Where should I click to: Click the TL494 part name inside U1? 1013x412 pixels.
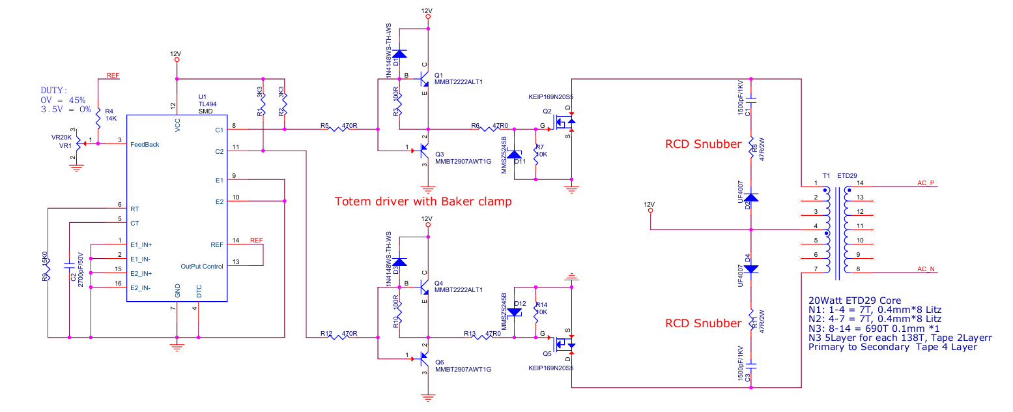[x=208, y=104]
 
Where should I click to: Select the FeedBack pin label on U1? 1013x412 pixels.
[x=145, y=145]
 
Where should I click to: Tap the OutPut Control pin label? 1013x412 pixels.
[x=202, y=266]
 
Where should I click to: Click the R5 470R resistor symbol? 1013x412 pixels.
[x=340, y=129]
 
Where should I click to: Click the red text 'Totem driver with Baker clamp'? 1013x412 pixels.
[x=423, y=201]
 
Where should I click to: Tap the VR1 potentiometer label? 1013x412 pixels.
[x=65, y=146]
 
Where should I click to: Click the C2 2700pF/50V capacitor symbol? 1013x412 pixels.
[x=69, y=266]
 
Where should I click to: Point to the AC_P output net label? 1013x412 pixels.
[x=926, y=183]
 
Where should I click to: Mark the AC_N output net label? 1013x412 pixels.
[x=926, y=269]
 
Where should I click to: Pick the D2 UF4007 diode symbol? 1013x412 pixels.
[x=751, y=197]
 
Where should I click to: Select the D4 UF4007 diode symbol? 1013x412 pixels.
[x=751, y=268]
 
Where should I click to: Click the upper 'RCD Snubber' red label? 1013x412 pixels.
[x=703, y=144]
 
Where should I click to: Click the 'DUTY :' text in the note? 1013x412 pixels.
[x=54, y=91]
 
